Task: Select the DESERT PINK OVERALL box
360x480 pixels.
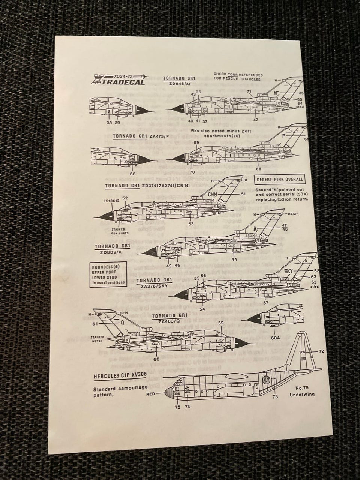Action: tap(280, 180)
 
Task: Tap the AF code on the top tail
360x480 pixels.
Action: tap(277, 91)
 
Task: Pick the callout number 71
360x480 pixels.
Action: tap(249, 91)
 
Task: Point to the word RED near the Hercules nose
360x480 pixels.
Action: tap(150, 394)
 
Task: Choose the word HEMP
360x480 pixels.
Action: tap(293, 214)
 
